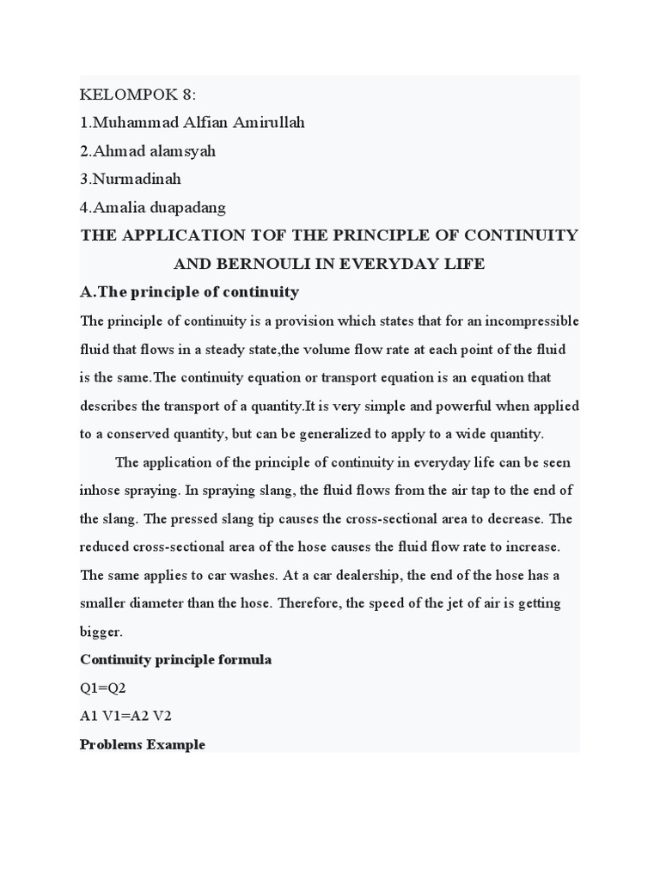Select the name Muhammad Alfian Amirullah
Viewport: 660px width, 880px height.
tap(192, 123)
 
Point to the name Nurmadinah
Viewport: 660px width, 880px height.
tap(131, 180)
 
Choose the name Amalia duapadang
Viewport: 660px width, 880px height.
tap(152, 207)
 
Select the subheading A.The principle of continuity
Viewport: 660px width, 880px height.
tap(189, 292)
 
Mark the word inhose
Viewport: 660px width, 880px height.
tap(101, 491)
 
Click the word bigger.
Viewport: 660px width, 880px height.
tap(101, 632)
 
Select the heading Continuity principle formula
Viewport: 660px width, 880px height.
tap(175, 660)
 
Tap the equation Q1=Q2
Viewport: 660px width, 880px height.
tap(103, 688)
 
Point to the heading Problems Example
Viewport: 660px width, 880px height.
tap(143, 744)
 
